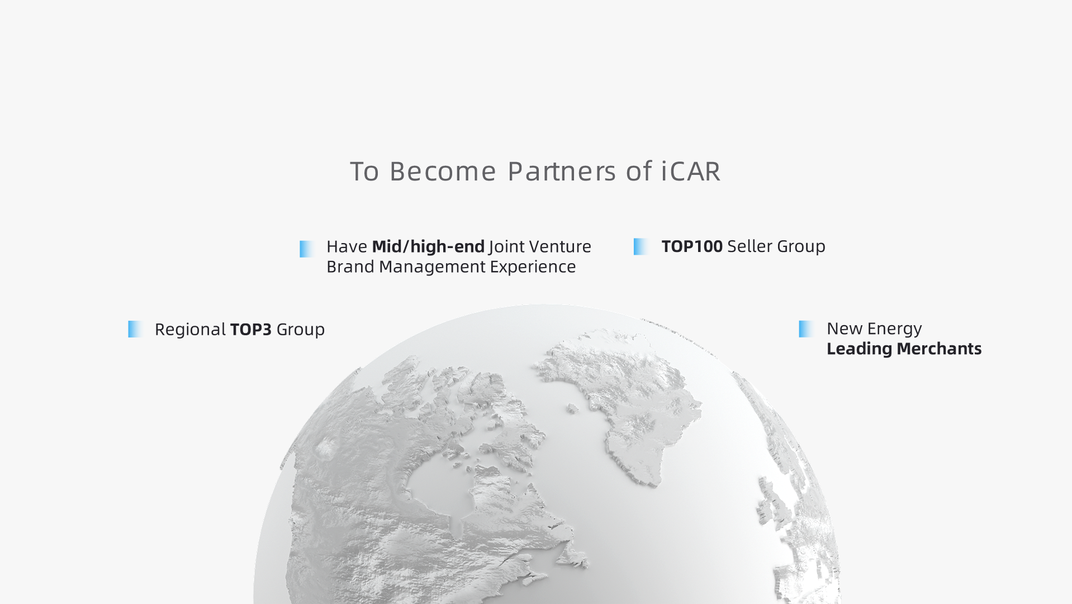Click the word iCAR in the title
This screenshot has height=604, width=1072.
(x=691, y=171)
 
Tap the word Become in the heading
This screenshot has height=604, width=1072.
(x=443, y=171)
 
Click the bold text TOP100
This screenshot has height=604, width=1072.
(x=692, y=246)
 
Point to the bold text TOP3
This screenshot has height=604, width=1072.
(x=251, y=330)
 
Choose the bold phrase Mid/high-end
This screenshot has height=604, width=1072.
(x=428, y=246)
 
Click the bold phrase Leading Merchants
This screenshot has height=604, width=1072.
(x=904, y=349)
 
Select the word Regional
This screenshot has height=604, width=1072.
(x=190, y=330)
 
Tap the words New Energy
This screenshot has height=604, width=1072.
(x=874, y=329)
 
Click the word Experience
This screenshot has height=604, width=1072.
(x=533, y=267)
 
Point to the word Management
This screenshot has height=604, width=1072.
(x=432, y=267)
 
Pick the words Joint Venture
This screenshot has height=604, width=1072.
(x=540, y=246)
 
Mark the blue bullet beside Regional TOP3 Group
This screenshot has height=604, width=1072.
(x=135, y=329)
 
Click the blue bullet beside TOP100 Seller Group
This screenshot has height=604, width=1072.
(x=641, y=246)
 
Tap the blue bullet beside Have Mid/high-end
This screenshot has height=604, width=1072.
(x=307, y=249)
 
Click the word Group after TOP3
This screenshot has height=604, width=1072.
(x=301, y=330)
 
